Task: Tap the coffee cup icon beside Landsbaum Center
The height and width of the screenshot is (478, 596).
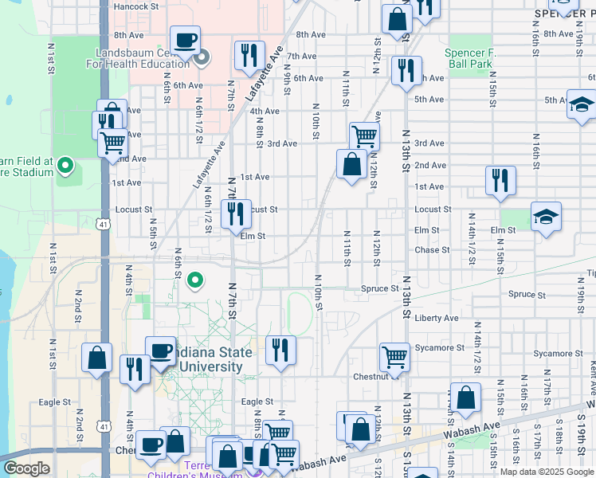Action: [x=185, y=40]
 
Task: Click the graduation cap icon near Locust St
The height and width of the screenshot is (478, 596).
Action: [x=546, y=217]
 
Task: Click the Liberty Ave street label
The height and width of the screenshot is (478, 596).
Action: [x=436, y=318]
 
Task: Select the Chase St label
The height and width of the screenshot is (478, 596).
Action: [x=432, y=250]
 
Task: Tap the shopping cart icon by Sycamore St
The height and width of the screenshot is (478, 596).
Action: [x=394, y=356]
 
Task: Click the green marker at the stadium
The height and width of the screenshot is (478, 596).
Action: [x=65, y=167]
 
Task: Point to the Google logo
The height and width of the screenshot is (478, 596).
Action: [x=25, y=468]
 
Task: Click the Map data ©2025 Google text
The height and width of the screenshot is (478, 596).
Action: [x=546, y=472]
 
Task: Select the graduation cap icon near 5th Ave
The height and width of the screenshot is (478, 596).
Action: [x=582, y=105]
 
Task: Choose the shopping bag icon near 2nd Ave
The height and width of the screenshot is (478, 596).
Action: [x=351, y=164]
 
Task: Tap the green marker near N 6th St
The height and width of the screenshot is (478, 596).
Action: [x=194, y=280]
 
